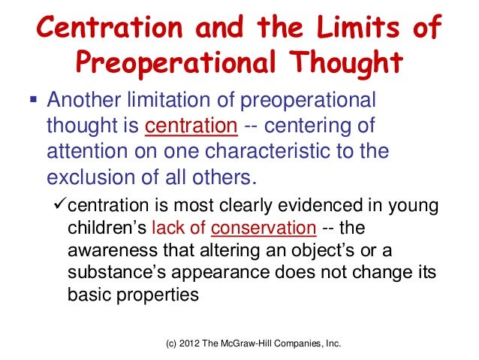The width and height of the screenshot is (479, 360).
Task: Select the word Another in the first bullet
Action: tap(84, 101)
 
